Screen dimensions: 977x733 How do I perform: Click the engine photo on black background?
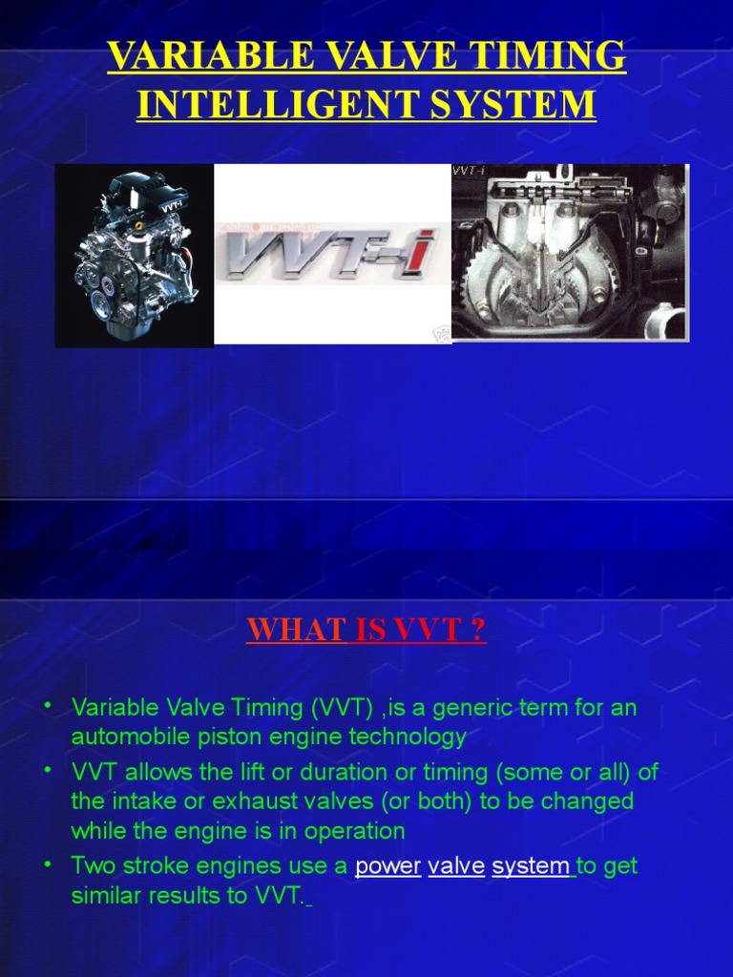coord(134,255)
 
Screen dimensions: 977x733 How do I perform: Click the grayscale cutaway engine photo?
coord(569,253)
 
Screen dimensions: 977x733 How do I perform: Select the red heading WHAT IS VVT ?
coord(366,631)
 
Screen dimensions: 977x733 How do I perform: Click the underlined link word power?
coord(387,866)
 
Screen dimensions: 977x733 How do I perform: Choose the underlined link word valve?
coord(456,866)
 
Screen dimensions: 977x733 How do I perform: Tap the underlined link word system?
coord(531,866)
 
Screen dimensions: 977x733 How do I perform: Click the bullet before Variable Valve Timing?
coord(48,706)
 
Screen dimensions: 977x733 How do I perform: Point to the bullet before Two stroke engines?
coord(48,863)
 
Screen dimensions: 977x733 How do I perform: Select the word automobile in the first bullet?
coord(129,737)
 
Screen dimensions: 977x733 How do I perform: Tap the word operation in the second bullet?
coord(355,831)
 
